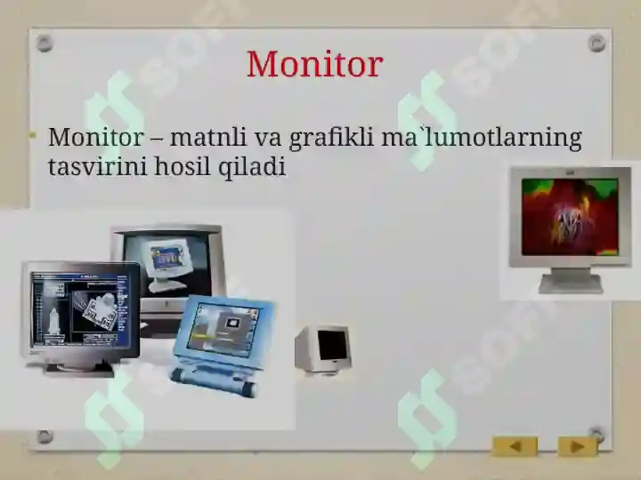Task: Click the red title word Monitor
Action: (x=314, y=64)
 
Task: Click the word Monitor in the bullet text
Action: (x=94, y=138)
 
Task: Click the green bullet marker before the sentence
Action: (x=32, y=137)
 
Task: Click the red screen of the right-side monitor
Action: (x=569, y=217)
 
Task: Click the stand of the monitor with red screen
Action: (x=571, y=281)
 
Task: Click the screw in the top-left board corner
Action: (x=45, y=44)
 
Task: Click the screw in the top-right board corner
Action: (x=596, y=43)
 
